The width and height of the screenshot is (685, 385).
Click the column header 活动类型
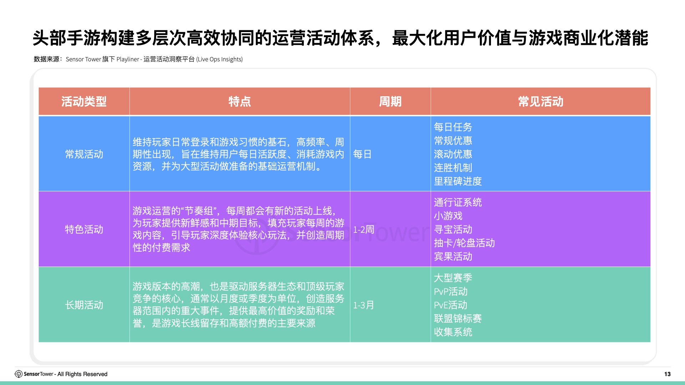pyautogui.click(x=84, y=102)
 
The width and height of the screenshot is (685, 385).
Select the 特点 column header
pyautogui.click(x=239, y=102)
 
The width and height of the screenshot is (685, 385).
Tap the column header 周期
pyautogui.click(x=390, y=102)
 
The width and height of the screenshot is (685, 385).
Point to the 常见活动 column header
pyautogui.click(x=541, y=102)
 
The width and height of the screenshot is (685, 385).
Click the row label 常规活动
pyautogui.click(x=84, y=154)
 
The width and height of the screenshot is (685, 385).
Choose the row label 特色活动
pyautogui.click(x=84, y=229)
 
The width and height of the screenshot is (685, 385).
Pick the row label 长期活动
pyautogui.click(x=84, y=305)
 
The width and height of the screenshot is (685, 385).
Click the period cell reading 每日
pyautogui.click(x=362, y=154)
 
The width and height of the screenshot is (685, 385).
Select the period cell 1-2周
pyautogui.click(x=364, y=229)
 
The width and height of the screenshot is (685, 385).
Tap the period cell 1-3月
pyautogui.click(x=364, y=305)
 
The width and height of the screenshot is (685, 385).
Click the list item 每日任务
pyautogui.click(x=453, y=127)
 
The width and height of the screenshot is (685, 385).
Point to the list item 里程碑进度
pyautogui.click(x=458, y=181)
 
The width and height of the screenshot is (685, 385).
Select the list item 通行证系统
pyautogui.click(x=458, y=202)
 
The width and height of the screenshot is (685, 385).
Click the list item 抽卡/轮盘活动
pyautogui.click(x=464, y=243)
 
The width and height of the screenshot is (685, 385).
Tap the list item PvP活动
pyautogui.click(x=451, y=291)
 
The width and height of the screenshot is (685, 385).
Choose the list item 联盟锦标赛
pyautogui.click(x=458, y=318)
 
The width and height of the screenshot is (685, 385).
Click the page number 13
pyautogui.click(x=667, y=374)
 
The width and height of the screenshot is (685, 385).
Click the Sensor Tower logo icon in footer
pyautogui.click(x=19, y=374)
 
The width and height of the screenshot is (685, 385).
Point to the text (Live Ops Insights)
pyautogui.click(x=219, y=59)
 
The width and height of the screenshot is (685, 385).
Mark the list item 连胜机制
pyautogui.click(x=453, y=168)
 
